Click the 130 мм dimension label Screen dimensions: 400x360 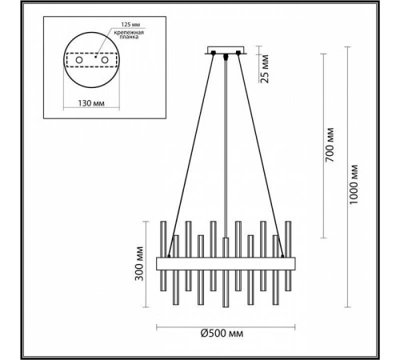[x=91, y=103]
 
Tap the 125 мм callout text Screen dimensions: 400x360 [x=130, y=25]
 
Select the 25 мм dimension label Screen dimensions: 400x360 [x=266, y=69]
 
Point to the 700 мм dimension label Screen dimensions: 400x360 [x=330, y=145]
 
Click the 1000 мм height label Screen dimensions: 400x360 [x=354, y=185]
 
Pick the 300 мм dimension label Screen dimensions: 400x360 [x=139, y=264]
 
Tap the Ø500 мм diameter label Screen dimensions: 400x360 [x=222, y=333]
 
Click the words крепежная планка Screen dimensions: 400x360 [x=129, y=34]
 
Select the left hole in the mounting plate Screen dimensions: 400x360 [x=79, y=60]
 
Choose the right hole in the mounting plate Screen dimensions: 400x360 [x=105, y=60]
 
